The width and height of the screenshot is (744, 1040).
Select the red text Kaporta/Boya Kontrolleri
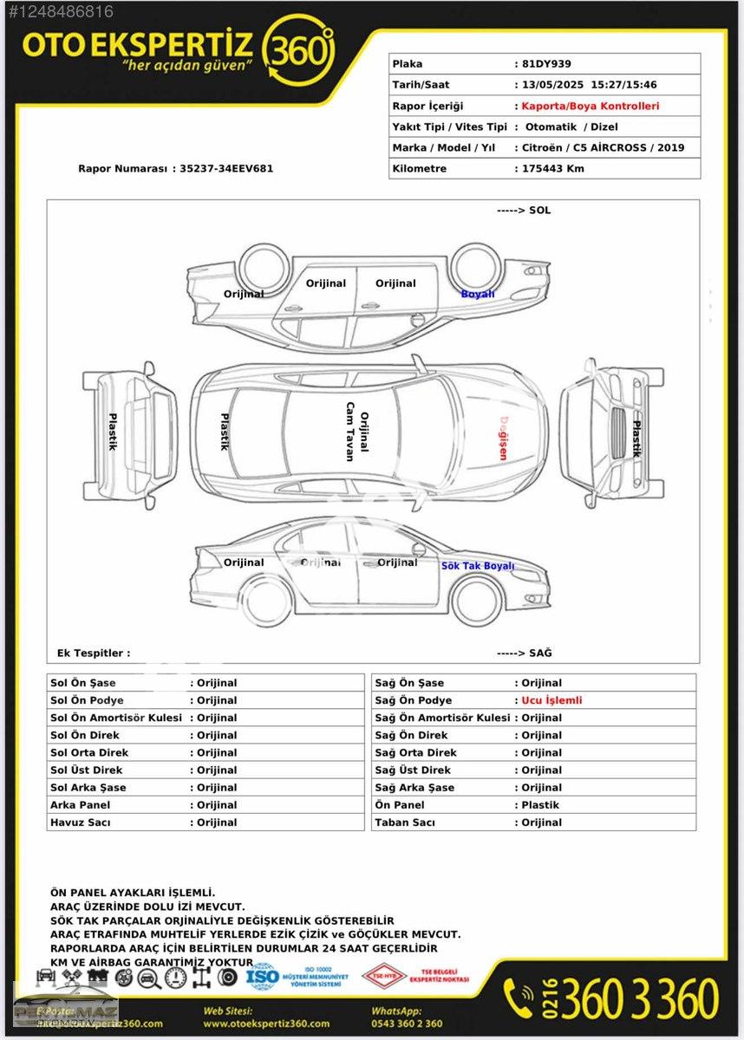[591, 106]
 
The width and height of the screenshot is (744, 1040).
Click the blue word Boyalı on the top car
[478, 294]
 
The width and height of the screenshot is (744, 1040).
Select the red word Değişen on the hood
[502, 438]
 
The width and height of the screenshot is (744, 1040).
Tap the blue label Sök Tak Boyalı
[478, 566]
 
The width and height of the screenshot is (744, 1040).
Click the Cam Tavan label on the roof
[350, 432]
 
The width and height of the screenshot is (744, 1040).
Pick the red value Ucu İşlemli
[551, 700]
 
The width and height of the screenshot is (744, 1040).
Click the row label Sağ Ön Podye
[414, 700]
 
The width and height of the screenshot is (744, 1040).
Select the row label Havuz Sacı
[80, 822]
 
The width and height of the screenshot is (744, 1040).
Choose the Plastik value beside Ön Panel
[540, 805]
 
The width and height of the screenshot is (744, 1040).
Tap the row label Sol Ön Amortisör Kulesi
[116, 718]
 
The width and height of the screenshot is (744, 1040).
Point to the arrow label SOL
[524, 211]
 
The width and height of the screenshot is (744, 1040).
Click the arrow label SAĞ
[524, 653]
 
